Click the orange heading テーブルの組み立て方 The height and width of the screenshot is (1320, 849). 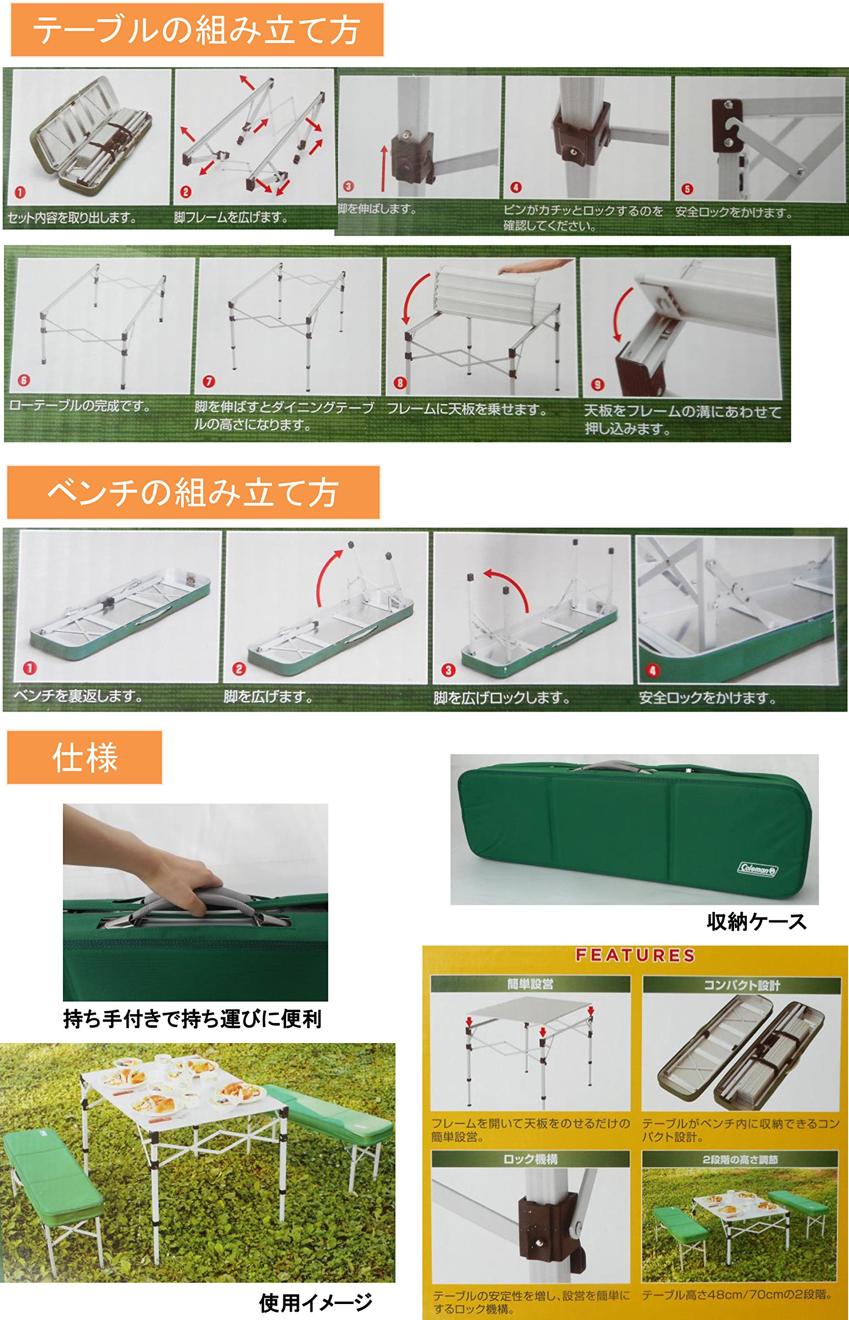[x=196, y=30]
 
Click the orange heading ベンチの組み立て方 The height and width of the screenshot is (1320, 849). [x=192, y=492]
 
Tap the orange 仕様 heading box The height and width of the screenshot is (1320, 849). [x=85, y=757]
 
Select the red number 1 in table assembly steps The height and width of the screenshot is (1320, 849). [x=21, y=192]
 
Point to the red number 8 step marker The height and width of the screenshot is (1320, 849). [x=400, y=383]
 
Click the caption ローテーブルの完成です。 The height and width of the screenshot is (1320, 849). [x=80, y=406]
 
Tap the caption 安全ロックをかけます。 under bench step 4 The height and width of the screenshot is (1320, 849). [x=707, y=698]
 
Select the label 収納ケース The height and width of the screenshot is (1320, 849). [x=756, y=921]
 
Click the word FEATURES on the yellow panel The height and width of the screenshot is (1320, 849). [x=635, y=955]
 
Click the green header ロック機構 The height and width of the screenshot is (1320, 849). [x=530, y=1159]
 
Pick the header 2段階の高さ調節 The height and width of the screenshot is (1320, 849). [x=740, y=1160]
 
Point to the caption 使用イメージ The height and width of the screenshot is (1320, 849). [x=316, y=1302]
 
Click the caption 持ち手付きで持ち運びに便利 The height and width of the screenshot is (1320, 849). [x=192, y=1019]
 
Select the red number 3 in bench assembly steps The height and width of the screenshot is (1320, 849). [x=448, y=670]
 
